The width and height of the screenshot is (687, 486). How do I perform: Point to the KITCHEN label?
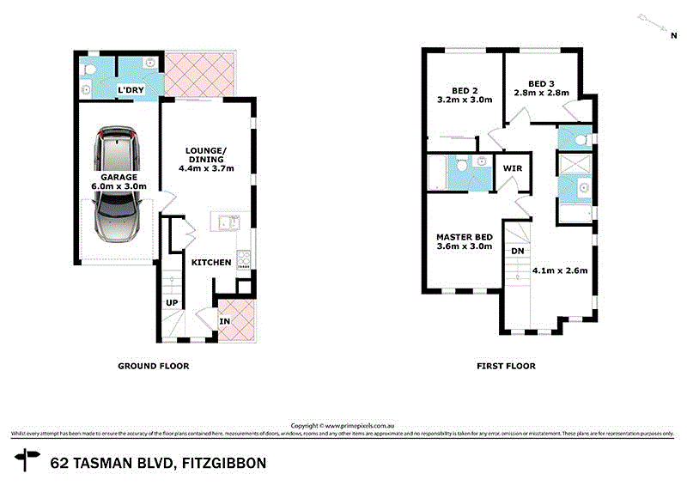tap(211, 262)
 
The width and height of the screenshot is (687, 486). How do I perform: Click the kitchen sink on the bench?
tap(228, 224)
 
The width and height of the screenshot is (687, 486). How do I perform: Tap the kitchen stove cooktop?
tap(243, 258)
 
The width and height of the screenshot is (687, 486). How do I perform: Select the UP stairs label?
tap(172, 302)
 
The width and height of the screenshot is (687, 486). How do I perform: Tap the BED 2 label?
tap(465, 87)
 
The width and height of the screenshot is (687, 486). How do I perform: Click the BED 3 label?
tap(541, 83)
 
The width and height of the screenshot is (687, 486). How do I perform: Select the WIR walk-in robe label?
tap(514, 168)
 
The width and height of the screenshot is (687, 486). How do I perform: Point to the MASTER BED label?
tap(464, 237)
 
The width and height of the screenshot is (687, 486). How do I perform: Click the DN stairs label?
tap(517, 251)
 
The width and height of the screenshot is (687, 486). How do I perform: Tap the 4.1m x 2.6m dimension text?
tap(559, 270)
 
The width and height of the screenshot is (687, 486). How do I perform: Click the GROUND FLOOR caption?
tap(153, 366)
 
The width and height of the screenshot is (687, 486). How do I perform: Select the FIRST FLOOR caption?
tap(506, 366)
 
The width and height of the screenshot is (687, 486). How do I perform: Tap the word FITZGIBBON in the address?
tap(223, 464)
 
